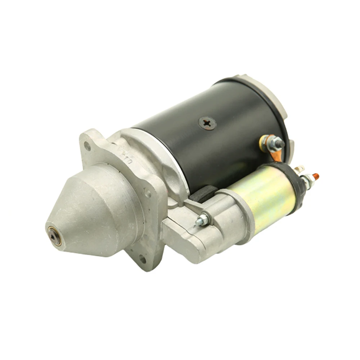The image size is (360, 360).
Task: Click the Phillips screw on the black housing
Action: click(207, 123)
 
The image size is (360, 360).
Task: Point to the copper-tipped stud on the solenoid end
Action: click(316, 176)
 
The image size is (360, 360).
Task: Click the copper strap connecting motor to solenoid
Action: click(276, 154)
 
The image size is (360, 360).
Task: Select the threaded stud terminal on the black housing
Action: click(279, 144)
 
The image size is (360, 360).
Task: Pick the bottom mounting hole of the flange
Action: click(143, 258)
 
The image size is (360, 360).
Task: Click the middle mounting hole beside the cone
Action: click(148, 193)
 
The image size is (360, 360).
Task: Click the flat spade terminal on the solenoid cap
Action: click(298, 168)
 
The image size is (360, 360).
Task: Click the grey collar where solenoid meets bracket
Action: click(236, 212)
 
